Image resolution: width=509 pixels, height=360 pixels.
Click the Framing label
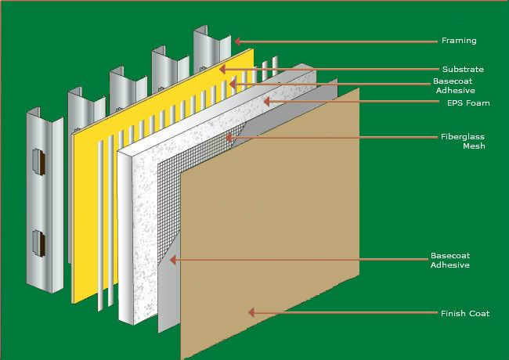(x=459, y=41)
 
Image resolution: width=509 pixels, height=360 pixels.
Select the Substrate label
(x=463, y=70)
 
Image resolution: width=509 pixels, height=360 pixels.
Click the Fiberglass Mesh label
(x=463, y=142)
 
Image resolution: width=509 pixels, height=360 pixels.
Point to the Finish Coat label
(x=465, y=314)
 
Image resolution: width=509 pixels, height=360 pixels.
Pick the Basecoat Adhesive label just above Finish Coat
(x=450, y=261)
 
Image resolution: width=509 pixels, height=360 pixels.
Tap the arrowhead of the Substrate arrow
(x=222, y=69)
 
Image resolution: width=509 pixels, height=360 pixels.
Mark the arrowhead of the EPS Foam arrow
(x=265, y=102)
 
